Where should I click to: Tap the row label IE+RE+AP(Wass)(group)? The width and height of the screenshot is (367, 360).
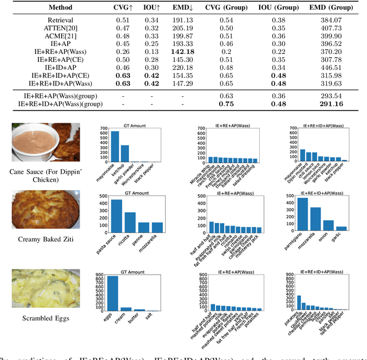pos(57,95)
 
